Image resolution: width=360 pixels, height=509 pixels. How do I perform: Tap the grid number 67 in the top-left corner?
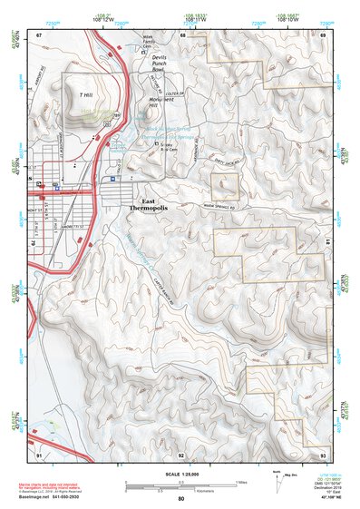(x=39, y=34)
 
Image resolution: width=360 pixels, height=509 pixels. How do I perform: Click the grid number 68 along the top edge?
(x=182, y=34)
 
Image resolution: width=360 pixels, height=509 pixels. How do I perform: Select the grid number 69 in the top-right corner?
(x=322, y=34)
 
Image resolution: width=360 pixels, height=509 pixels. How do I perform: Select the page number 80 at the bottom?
(x=180, y=499)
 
